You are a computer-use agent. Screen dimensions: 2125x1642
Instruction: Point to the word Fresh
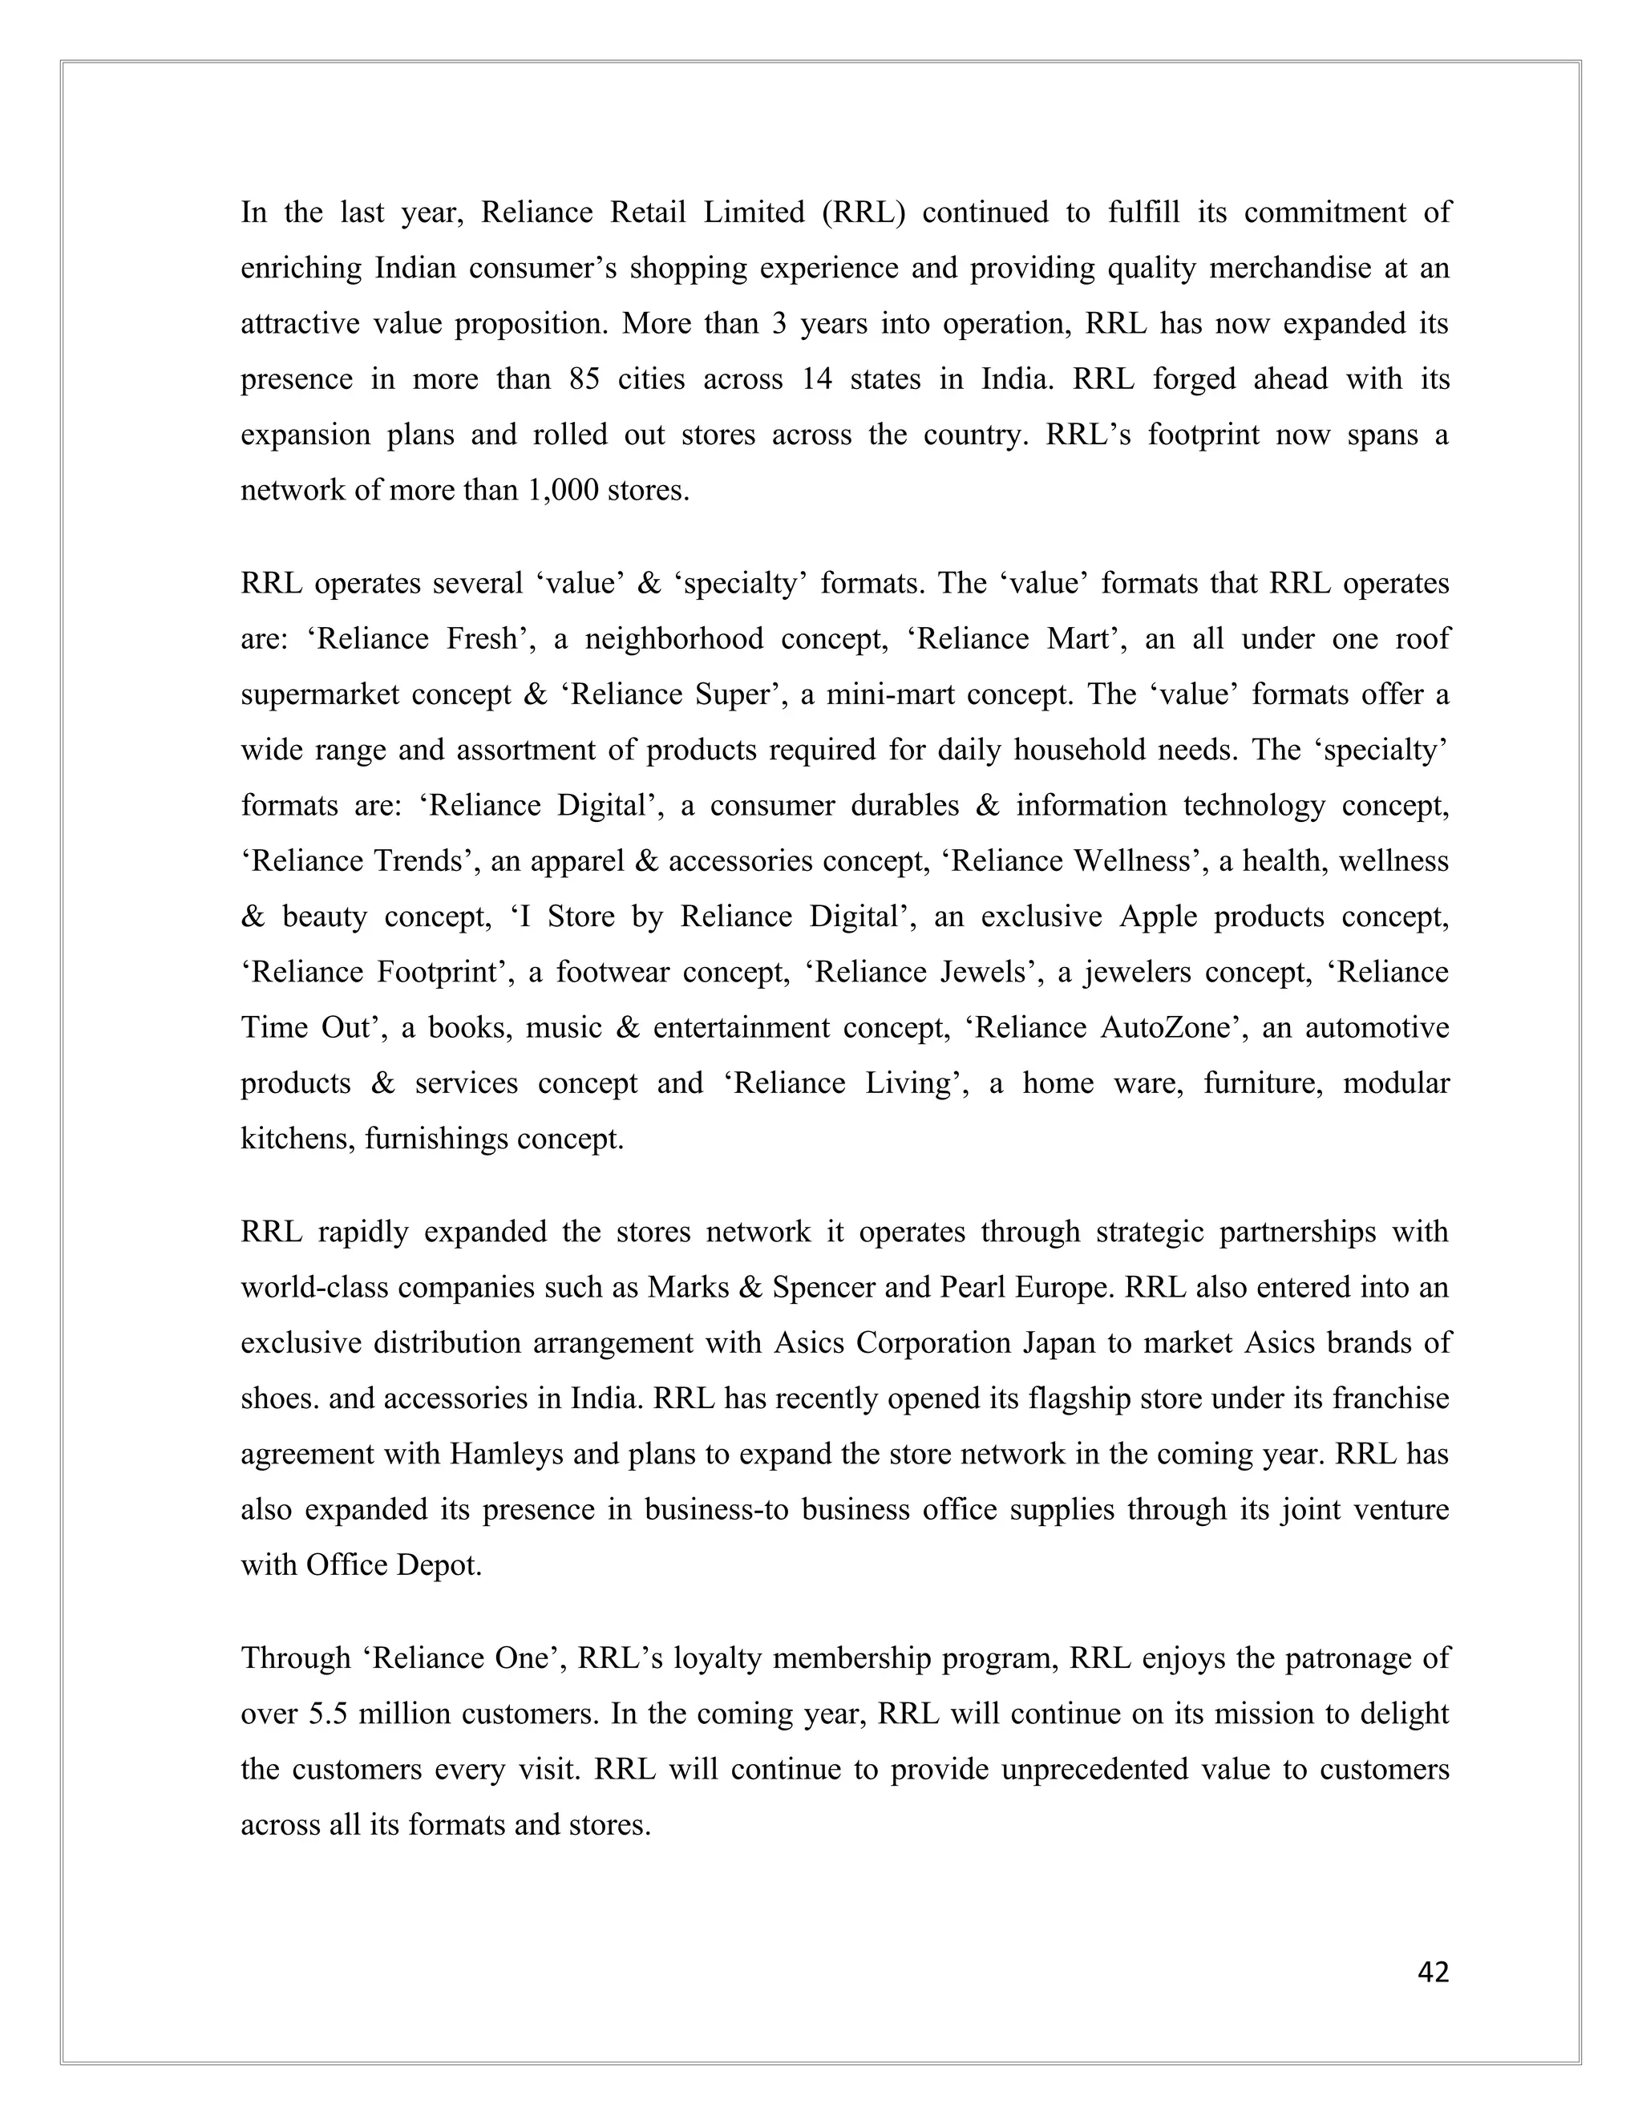pos(482,639)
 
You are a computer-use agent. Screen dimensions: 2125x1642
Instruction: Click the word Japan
pos(1060,1342)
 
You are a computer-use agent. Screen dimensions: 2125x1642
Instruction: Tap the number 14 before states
pos(817,378)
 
